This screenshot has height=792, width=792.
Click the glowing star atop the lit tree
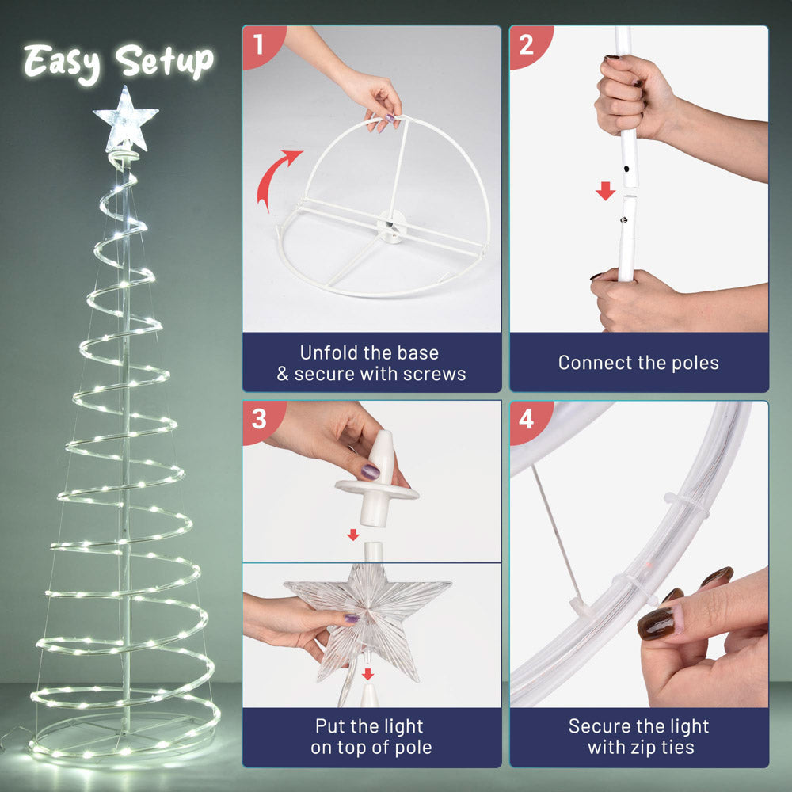(x=125, y=120)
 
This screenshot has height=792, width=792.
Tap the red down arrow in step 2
(x=605, y=191)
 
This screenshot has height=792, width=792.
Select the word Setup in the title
(x=165, y=62)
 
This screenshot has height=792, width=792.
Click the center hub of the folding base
(x=390, y=225)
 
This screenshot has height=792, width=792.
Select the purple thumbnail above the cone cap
(x=370, y=472)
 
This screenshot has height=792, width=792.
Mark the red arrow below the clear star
(x=367, y=674)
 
